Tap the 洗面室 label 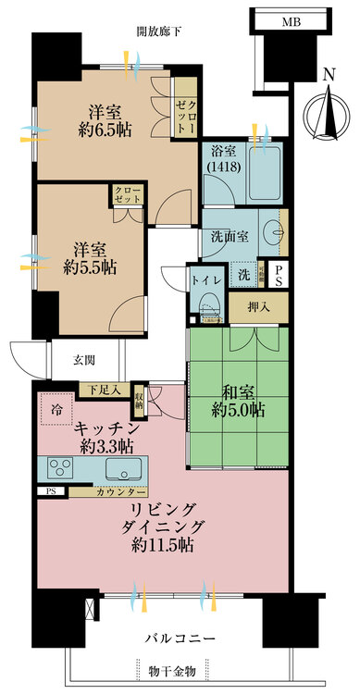[x=230, y=236]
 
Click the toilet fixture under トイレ [x=207, y=304]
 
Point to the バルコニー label [x=180, y=638]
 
